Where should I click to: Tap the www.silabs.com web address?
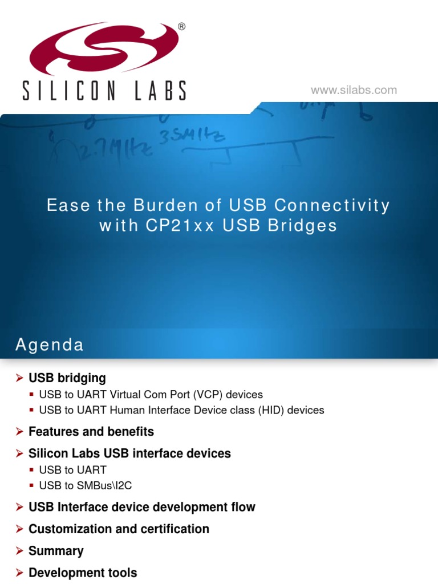tap(354, 90)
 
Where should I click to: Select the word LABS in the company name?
tap(161, 91)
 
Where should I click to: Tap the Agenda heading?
tap(49, 345)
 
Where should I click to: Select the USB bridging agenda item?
tap(67, 378)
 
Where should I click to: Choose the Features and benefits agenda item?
tap(91, 432)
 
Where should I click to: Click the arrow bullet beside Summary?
tap(19, 551)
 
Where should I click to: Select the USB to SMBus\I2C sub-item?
tap(86, 486)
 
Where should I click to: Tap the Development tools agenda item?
tap(83, 573)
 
